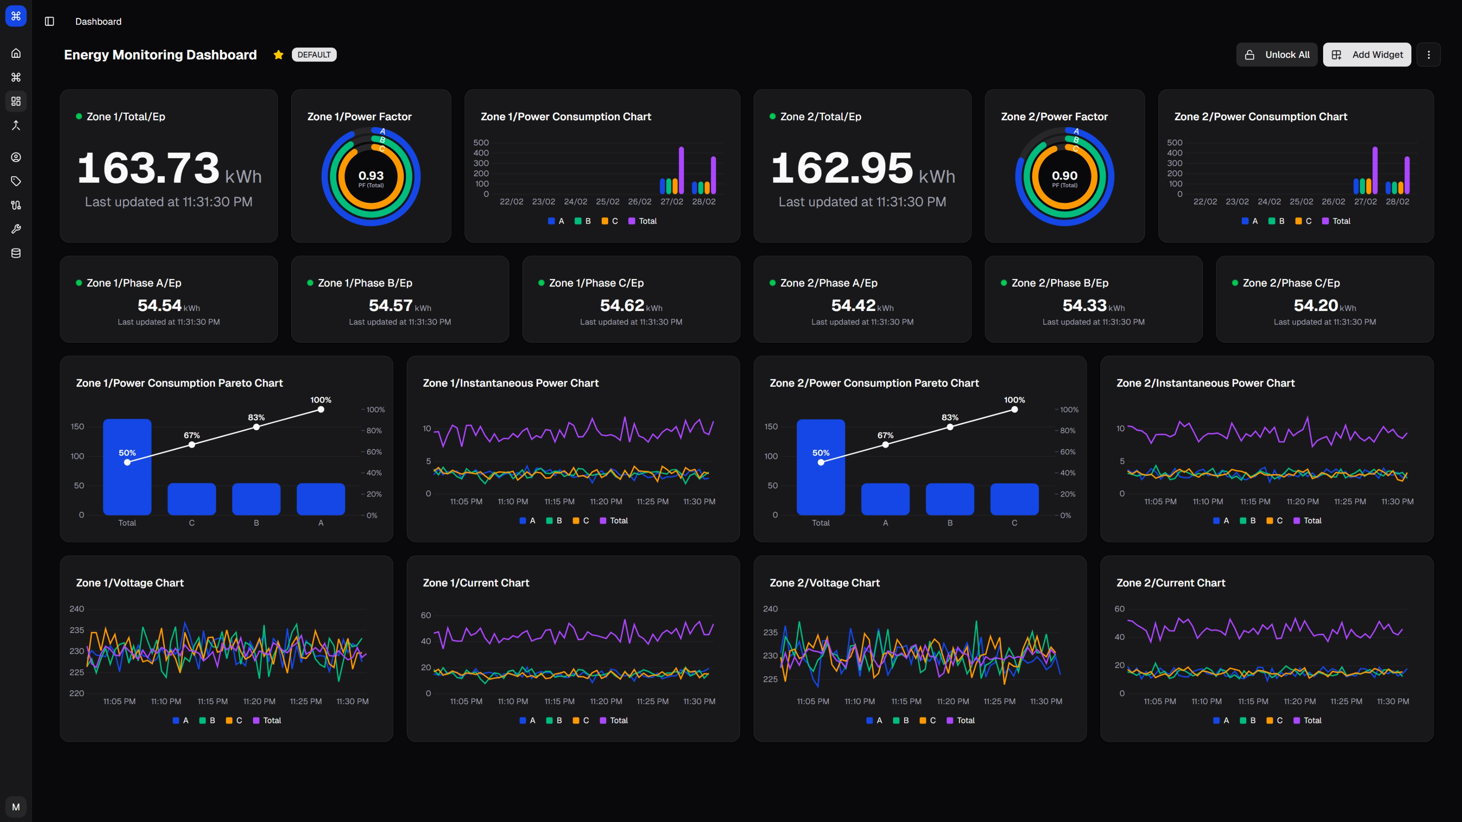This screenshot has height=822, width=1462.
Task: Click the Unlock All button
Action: [x=1277, y=55]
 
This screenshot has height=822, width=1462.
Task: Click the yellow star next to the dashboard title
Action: [x=278, y=55]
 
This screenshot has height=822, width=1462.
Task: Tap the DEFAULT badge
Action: [x=314, y=55]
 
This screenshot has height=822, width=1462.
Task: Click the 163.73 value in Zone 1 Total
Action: [x=148, y=168]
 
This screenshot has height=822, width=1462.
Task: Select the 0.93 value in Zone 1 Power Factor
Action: [x=370, y=175]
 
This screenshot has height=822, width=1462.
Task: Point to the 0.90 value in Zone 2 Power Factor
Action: [x=1064, y=175]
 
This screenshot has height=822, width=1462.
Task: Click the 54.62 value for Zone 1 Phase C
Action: [x=622, y=305]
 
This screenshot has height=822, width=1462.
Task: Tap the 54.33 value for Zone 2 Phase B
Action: [x=1084, y=305]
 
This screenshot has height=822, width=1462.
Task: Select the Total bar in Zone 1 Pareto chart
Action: [x=127, y=483]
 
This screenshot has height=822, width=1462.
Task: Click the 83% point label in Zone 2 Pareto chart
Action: [x=949, y=417]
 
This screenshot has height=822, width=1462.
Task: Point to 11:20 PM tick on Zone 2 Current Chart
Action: [x=1300, y=701]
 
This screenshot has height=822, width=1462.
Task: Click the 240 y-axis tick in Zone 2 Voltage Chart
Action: [x=770, y=609]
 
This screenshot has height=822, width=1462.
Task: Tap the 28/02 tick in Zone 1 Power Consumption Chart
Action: [x=704, y=202]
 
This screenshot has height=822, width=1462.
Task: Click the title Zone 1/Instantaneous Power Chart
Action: [x=510, y=383]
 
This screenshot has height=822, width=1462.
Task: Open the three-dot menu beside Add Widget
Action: [x=1428, y=55]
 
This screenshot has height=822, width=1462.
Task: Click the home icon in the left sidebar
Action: [x=16, y=53]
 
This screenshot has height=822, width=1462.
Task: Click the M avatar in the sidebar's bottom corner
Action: [x=16, y=807]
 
